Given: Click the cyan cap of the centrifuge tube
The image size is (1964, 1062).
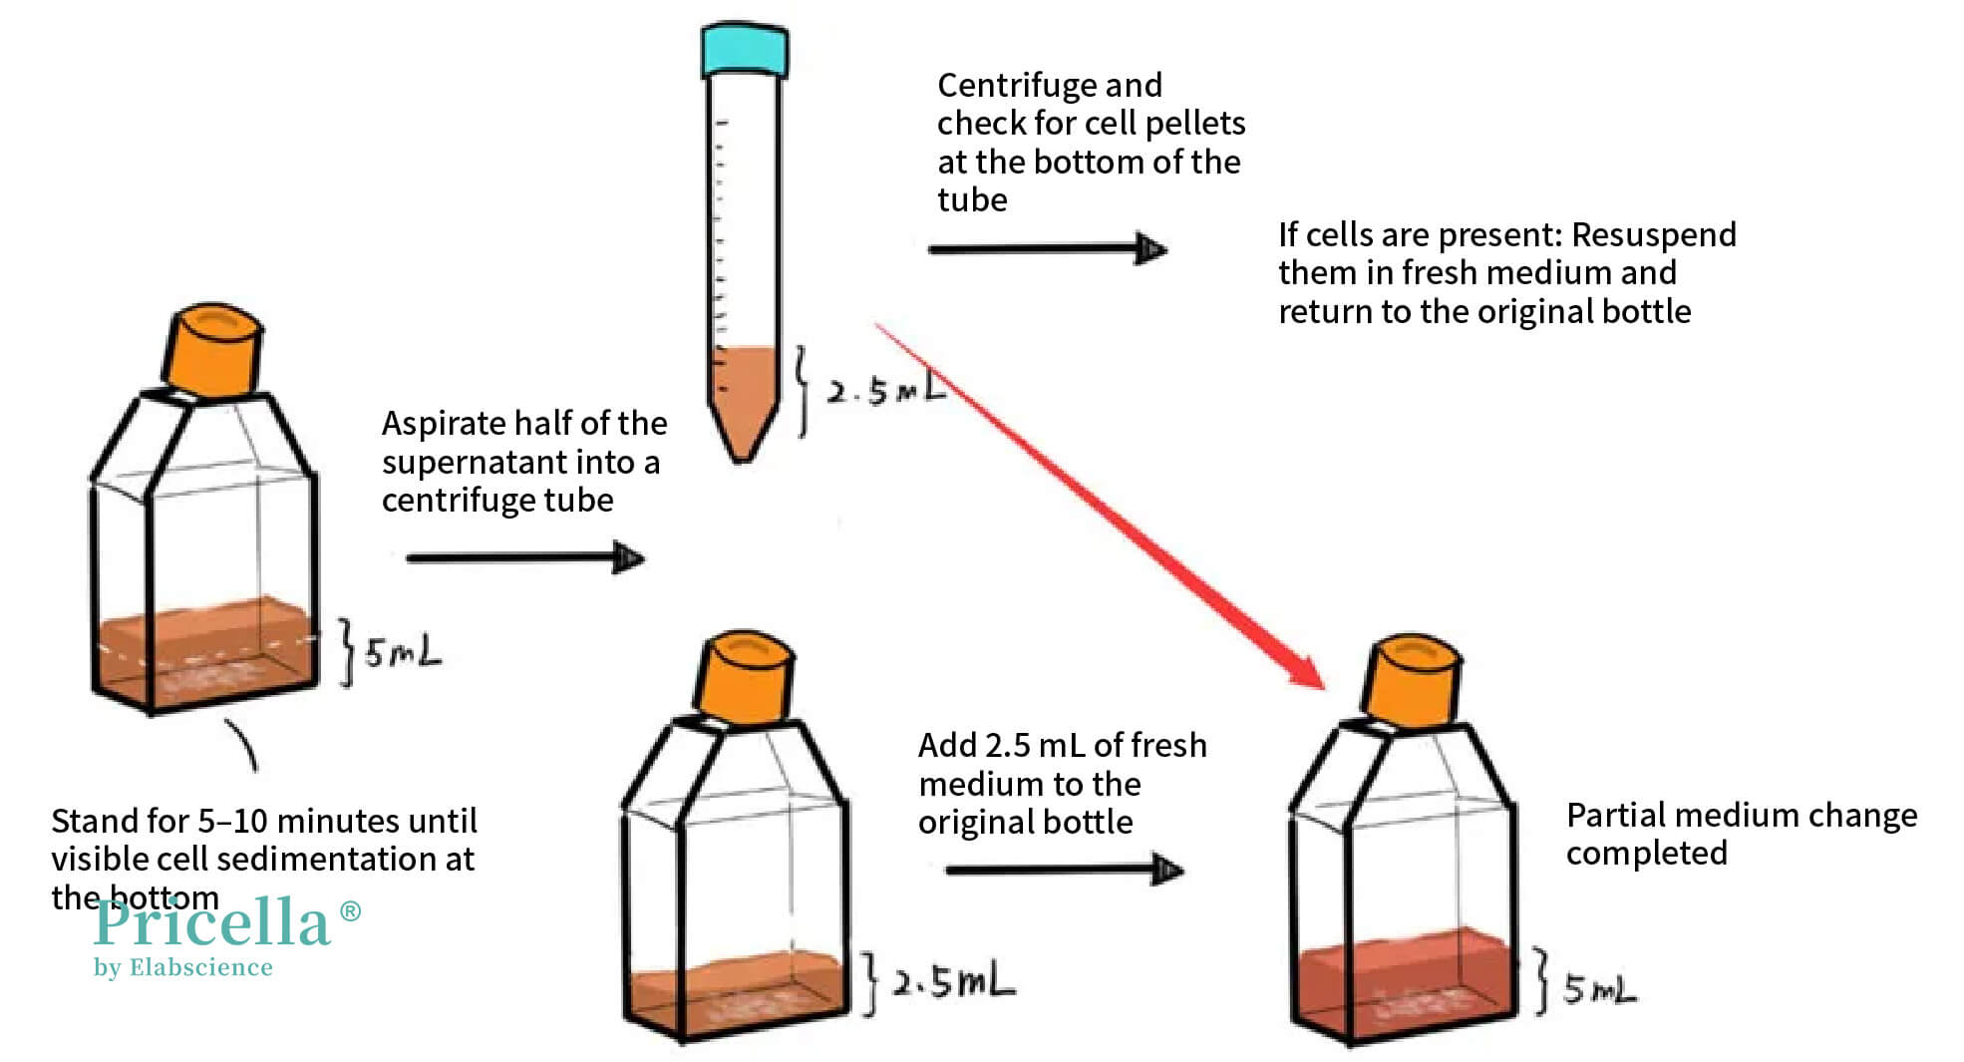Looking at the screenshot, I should [x=744, y=50].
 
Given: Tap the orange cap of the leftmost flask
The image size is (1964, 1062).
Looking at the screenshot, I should [x=213, y=352].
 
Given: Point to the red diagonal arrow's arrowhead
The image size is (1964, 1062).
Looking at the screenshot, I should [x=1306, y=670].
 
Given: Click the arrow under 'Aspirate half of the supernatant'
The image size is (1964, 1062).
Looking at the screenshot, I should [x=524, y=557].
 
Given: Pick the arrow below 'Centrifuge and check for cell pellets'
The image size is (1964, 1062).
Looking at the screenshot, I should [x=1047, y=248].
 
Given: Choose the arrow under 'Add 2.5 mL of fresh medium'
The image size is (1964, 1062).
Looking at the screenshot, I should [x=1063, y=870].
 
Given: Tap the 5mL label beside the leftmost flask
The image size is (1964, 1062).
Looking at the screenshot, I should [x=401, y=653].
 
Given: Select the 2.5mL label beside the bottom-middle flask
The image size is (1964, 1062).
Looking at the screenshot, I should [x=952, y=982].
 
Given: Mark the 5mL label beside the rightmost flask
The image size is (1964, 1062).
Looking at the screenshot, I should [x=1598, y=989].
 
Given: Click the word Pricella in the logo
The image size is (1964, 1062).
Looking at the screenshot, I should [x=211, y=922].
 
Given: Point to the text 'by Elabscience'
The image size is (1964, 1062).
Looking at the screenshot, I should [x=183, y=967].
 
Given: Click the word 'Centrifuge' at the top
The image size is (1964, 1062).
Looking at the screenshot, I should [x=1010, y=86].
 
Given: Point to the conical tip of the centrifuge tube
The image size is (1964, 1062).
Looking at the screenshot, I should [x=743, y=444].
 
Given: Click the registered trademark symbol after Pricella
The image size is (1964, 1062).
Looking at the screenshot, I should [x=350, y=910].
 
